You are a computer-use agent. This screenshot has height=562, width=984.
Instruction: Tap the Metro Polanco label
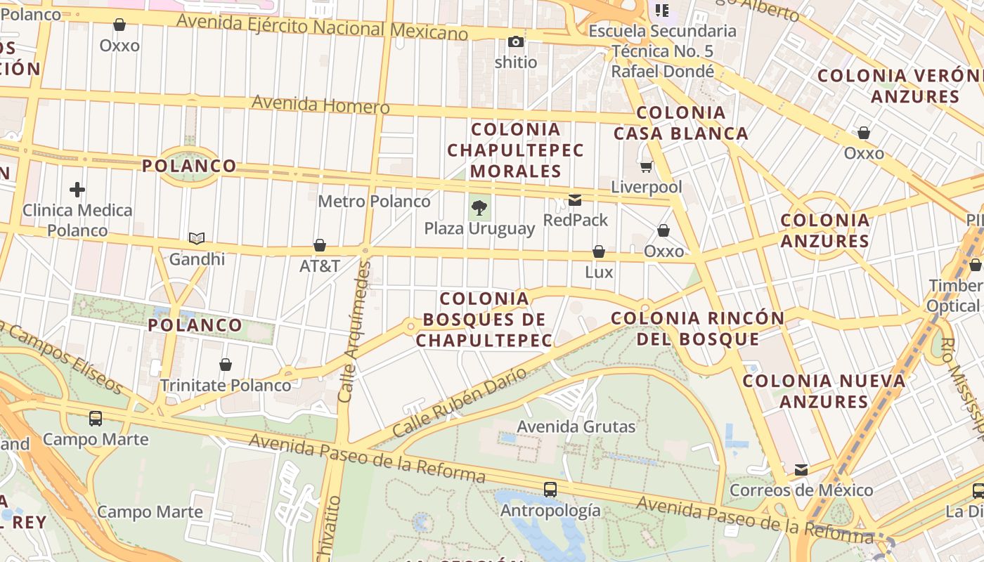click(x=374, y=202)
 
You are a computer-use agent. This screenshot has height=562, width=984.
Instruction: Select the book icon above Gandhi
click(x=197, y=239)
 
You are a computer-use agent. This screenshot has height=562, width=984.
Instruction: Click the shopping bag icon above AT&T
click(x=320, y=245)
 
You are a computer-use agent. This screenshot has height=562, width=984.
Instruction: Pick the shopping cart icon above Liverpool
click(x=646, y=167)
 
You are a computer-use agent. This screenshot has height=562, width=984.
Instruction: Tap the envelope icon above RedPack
click(x=575, y=200)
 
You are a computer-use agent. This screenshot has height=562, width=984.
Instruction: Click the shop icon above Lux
click(x=599, y=251)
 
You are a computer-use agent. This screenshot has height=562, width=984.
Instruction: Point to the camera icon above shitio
click(x=516, y=42)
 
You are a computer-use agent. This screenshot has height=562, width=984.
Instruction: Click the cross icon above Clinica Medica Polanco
click(x=77, y=190)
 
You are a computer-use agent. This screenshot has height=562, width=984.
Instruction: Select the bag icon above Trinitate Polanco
click(x=226, y=365)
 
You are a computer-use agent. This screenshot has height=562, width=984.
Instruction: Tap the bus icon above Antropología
click(x=550, y=489)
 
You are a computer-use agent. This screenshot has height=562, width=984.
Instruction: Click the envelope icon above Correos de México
click(x=801, y=469)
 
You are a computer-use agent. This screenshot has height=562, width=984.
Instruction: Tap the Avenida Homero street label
click(x=321, y=105)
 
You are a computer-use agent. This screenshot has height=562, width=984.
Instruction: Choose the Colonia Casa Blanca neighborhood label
click(x=680, y=123)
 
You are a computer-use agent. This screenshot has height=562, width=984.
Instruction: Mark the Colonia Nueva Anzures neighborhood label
click(x=824, y=391)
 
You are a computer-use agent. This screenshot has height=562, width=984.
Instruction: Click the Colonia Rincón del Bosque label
click(x=697, y=328)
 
